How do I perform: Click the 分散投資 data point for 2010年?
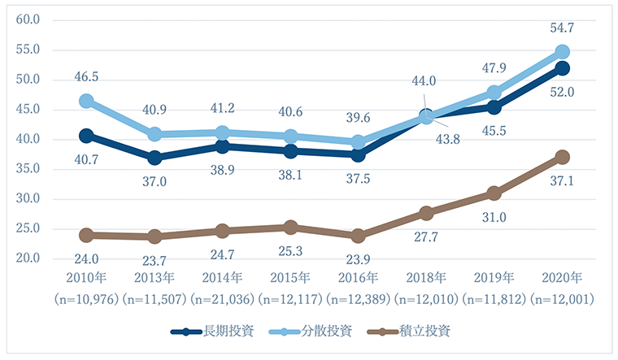click(86, 102)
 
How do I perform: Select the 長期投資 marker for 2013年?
click(154, 157)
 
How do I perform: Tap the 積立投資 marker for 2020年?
click(562, 157)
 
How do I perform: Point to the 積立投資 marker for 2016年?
click(358, 236)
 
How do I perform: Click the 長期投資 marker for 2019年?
click(494, 106)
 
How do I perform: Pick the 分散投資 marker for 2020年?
click(562, 51)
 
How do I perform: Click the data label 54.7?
click(562, 28)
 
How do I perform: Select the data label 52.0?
click(562, 93)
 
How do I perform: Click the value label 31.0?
click(494, 217)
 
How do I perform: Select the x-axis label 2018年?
click(425, 277)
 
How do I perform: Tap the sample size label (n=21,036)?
click(222, 299)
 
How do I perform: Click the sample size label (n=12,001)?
click(562, 299)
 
